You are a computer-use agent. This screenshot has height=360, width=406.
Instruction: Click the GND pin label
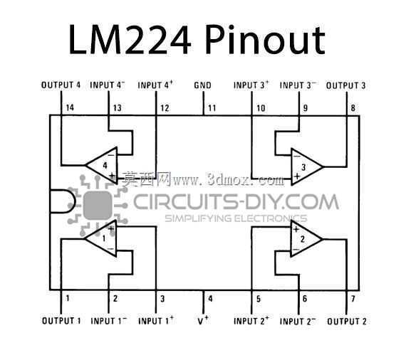[202, 85]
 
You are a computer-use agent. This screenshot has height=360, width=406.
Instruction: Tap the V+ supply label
[203, 320]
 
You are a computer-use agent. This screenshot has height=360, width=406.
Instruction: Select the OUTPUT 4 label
[61, 85]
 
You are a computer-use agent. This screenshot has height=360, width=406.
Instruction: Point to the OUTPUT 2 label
[347, 322]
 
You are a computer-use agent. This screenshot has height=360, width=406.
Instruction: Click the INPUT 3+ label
[251, 85]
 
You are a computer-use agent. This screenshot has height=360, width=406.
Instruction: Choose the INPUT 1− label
[109, 321]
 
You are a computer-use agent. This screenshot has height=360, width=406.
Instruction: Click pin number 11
[212, 108]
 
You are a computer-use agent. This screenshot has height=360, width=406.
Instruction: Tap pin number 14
[70, 107]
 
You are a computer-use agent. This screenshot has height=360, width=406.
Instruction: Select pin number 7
[353, 299]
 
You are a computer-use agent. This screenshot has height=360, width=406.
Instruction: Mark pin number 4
[210, 299]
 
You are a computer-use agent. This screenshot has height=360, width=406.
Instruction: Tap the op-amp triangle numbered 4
[101, 166]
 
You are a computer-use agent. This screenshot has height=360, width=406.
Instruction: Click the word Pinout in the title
[265, 41]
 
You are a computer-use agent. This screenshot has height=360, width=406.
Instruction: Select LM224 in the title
[130, 40]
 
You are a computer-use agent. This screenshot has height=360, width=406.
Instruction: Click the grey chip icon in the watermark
[98, 206]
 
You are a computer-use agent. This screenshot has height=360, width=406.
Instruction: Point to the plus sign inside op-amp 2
[296, 229]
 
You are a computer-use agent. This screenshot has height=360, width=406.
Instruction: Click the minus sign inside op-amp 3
[296, 157]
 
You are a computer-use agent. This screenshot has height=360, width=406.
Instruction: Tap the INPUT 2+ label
[251, 321]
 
